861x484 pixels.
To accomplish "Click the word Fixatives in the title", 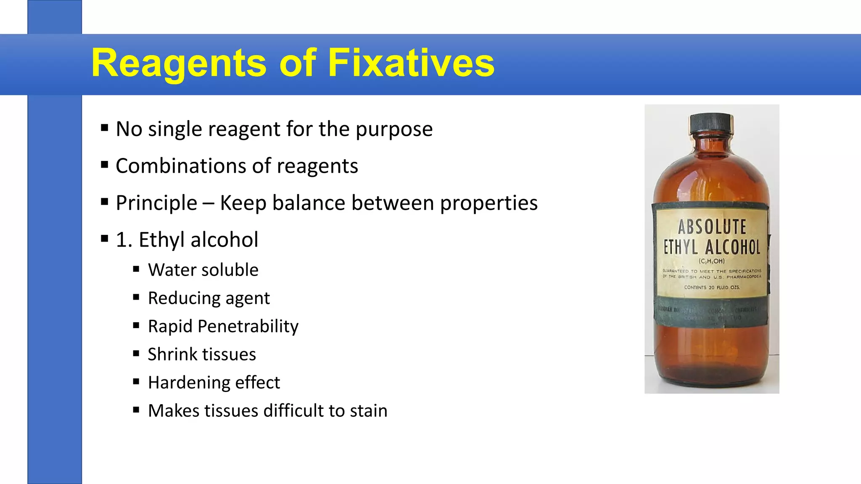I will (411, 63).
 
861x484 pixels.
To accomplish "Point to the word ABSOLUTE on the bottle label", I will (712, 227).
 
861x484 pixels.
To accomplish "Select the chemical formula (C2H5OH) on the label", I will (712, 261).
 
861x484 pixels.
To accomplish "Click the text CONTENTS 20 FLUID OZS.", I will (712, 287).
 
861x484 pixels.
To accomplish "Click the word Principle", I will (156, 203).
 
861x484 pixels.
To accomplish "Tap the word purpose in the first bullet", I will (394, 129).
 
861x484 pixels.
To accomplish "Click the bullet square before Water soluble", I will (136, 269).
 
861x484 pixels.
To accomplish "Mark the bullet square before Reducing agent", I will (136, 297).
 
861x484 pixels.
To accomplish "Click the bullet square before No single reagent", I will (105, 128).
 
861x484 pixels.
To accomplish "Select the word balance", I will (309, 203).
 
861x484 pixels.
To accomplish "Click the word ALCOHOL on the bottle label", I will (733, 247).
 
